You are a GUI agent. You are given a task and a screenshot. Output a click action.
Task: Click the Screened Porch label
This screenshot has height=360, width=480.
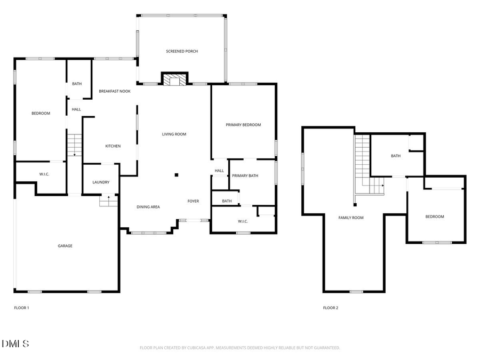[182, 51]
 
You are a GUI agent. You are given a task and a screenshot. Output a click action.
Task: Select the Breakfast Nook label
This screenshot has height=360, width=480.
[115, 91]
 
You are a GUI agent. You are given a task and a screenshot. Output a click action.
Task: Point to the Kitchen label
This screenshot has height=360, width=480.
[113, 146]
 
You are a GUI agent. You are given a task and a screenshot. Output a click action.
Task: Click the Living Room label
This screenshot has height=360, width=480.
[174, 134]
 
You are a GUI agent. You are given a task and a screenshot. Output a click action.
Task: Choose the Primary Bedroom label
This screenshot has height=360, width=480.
[243, 125]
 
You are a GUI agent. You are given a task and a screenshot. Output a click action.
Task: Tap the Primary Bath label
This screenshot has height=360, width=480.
[245, 175]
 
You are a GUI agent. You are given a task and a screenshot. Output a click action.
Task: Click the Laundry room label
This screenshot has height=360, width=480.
[101, 182]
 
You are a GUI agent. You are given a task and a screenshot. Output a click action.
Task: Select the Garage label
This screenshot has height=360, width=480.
[65, 246]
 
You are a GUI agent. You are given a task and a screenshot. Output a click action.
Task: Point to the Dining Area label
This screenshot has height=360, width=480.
[148, 207]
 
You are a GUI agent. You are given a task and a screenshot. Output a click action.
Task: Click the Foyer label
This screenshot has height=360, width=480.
[193, 201]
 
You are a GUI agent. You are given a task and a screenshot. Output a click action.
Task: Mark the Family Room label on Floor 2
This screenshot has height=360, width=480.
[351, 218]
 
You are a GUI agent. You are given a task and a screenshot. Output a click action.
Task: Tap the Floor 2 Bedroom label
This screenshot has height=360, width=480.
[434, 217]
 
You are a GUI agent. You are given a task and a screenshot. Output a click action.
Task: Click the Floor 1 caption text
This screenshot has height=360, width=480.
[21, 308]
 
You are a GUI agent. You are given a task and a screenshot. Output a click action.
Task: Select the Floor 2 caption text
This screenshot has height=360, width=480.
[331, 308]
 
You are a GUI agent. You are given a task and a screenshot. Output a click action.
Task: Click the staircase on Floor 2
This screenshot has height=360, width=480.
[365, 165]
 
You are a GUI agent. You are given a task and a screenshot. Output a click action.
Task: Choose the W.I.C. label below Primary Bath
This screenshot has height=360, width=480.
[243, 221]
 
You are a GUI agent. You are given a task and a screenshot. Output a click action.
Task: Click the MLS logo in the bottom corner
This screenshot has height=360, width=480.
[15, 344]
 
